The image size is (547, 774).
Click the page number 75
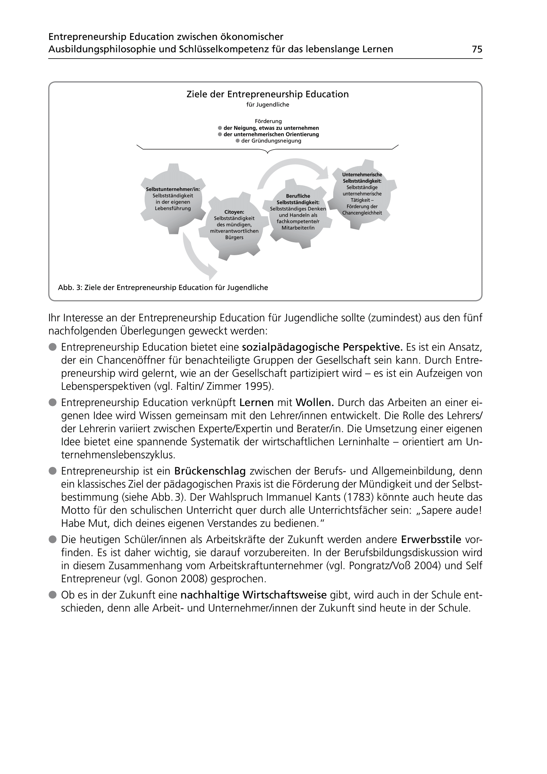click(x=477, y=49)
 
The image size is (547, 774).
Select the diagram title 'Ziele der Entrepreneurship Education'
click(x=268, y=94)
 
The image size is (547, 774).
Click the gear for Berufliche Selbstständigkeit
click(x=298, y=212)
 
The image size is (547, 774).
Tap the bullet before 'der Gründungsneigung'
click(x=238, y=141)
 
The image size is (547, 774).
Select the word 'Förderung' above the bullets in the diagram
click(x=268, y=121)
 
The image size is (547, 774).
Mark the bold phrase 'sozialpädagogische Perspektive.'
click(x=323, y=347)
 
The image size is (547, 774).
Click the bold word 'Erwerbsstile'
click(x=431, y=540)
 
